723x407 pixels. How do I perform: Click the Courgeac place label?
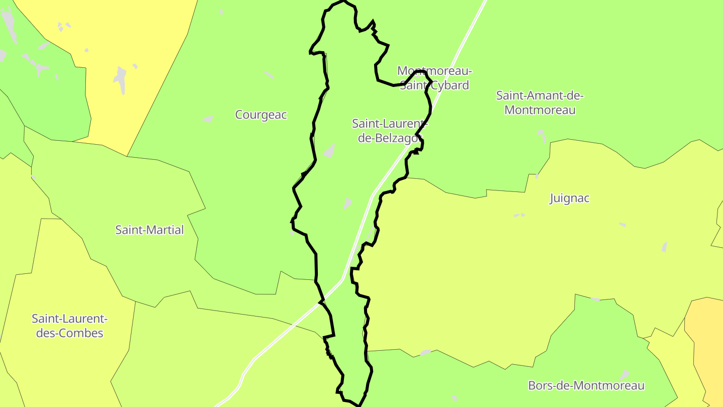261,115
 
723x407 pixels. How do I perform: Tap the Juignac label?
569,198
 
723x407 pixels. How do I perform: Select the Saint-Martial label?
150,230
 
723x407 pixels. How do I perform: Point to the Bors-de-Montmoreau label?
586,385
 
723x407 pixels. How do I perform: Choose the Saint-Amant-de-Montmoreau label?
540,103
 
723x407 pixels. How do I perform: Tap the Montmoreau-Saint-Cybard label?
434,78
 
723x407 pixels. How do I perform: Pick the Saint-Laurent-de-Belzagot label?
389,131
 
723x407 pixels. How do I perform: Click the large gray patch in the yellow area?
120,78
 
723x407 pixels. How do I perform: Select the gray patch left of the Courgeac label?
207,119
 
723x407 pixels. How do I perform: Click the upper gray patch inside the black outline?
329,151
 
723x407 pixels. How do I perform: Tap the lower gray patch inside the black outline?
347,203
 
